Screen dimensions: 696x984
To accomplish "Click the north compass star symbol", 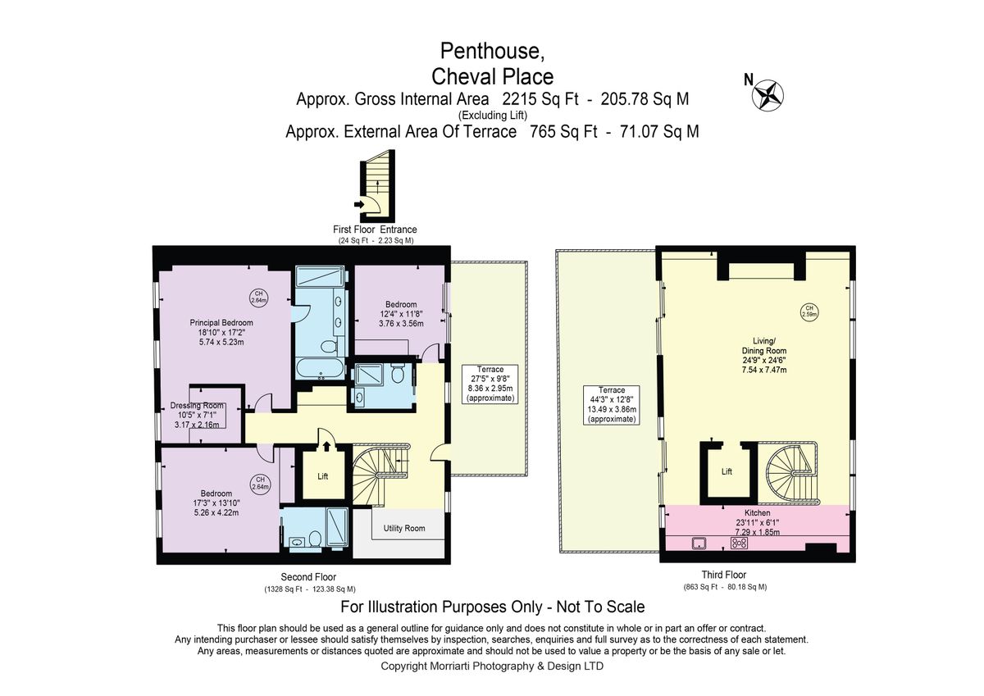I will click(768, 94).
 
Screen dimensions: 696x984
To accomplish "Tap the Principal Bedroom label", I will click(216, 321).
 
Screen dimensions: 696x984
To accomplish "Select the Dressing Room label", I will click(197, 406).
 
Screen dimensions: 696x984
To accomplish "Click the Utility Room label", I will click(404, 528).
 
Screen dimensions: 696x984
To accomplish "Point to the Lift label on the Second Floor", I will click(323, 475).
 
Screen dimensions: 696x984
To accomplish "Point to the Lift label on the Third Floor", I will click(727, 471).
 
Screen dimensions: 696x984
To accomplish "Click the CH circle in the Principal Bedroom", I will click(257, 297).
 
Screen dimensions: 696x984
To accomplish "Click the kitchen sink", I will click(699, 542).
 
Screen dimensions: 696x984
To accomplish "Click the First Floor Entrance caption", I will click(375, 230).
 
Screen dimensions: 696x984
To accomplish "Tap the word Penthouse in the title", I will click(491, 51).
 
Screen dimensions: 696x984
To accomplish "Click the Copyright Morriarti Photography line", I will click(492, 666).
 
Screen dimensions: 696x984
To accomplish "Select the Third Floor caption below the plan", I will click(723, 575).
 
